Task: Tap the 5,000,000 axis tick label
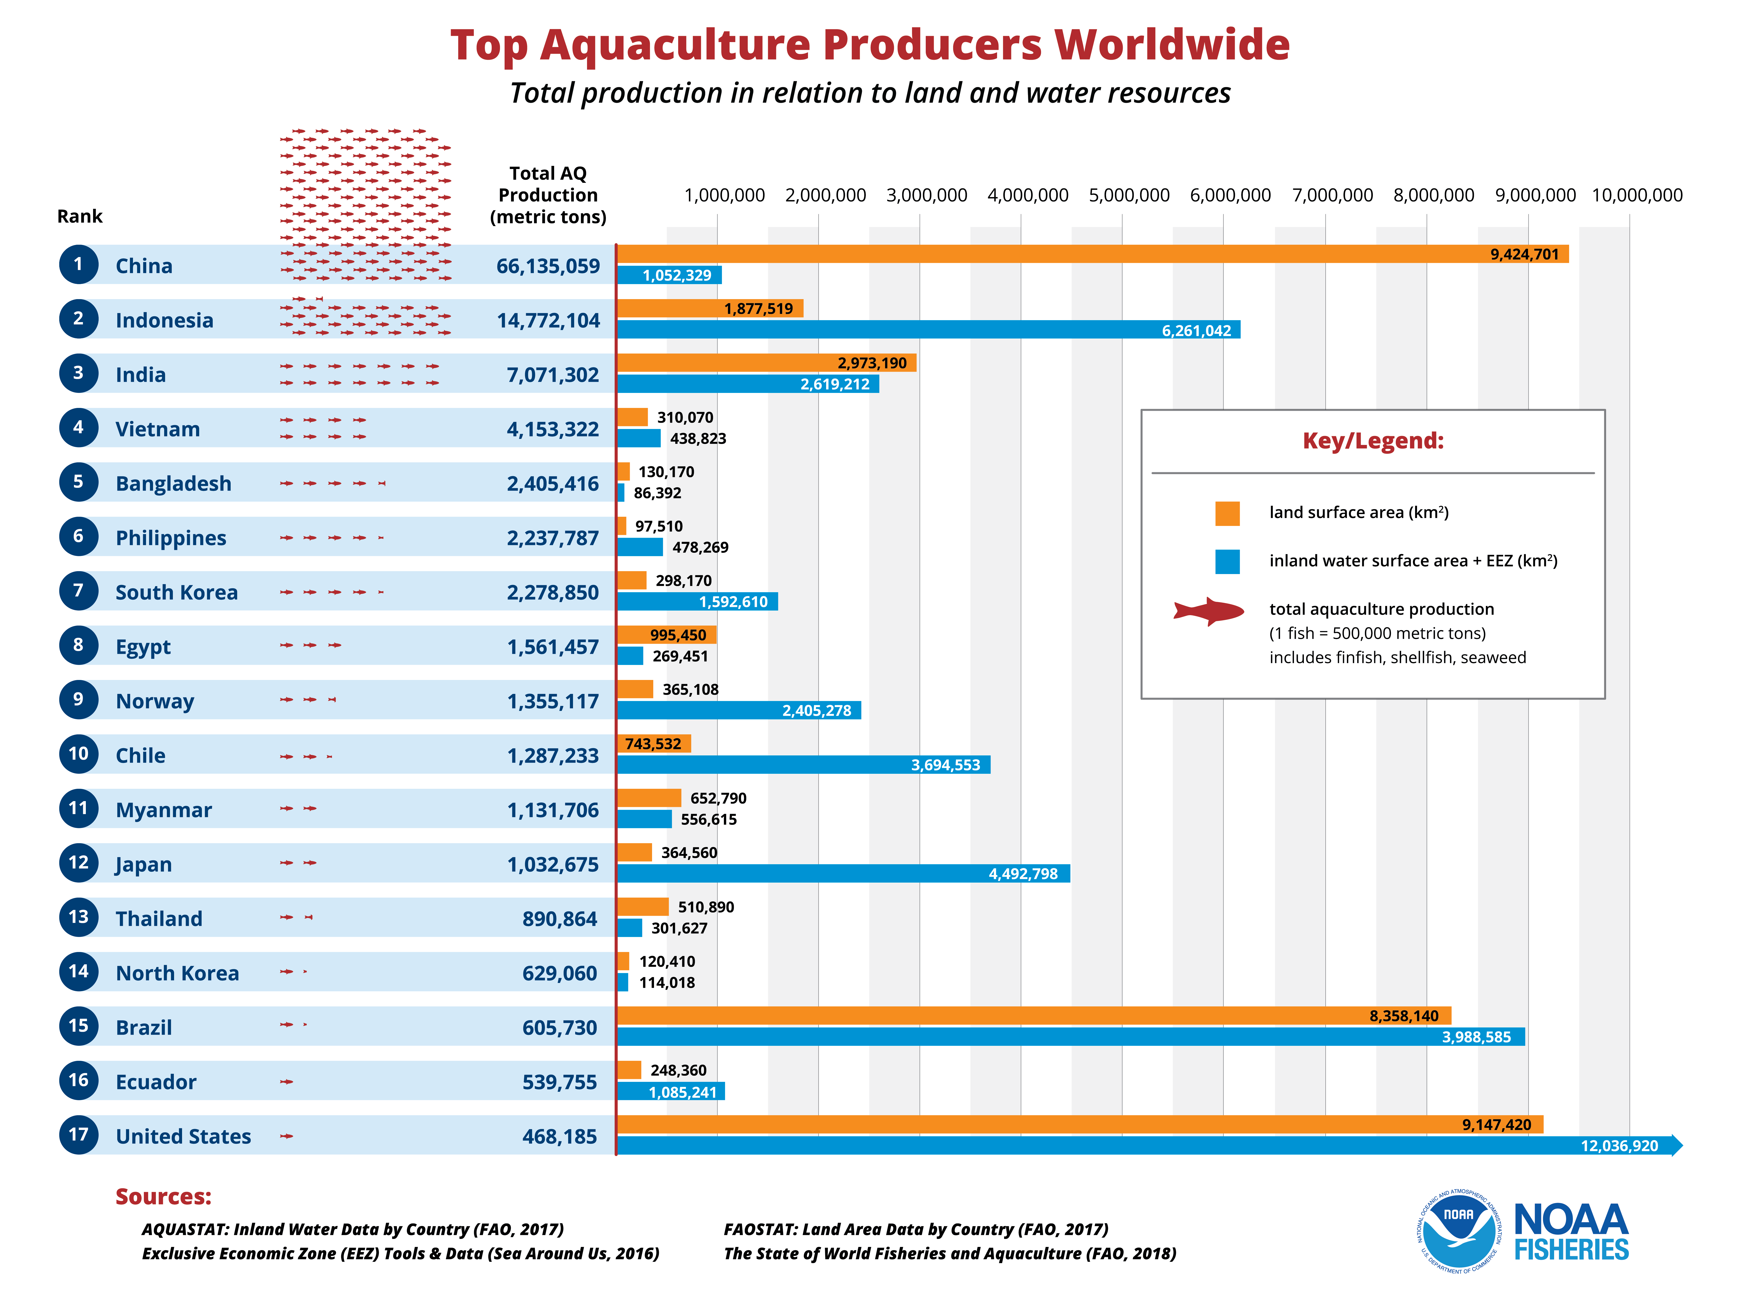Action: coord(1129,195)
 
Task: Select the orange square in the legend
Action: coord(1227,513)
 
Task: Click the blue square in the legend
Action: coord(1227,561)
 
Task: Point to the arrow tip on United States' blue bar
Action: coord(1677,1145)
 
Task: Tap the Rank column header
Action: coord(80,216)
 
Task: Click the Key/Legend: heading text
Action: coord(1373,441)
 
